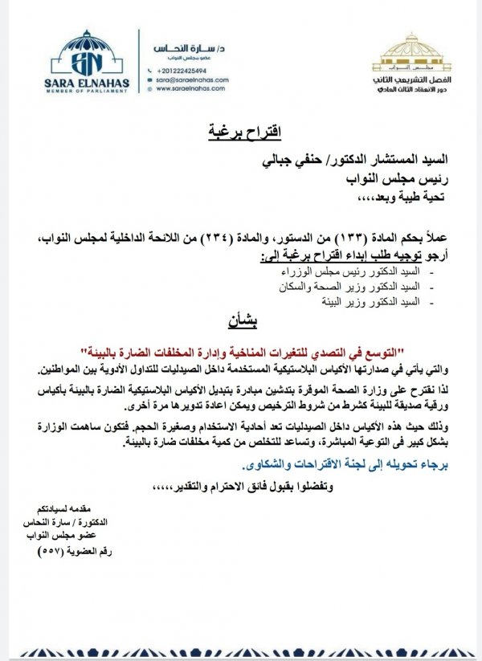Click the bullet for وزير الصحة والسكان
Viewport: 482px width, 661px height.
pyautogui.click(x=349, y=287)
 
